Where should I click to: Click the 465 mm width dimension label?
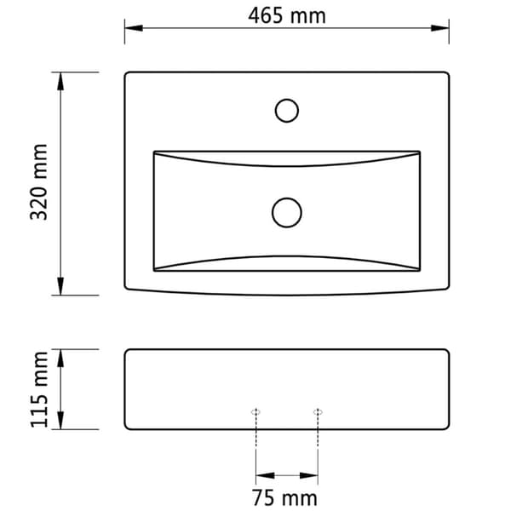point(287,15)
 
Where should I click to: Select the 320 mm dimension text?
point(39,182)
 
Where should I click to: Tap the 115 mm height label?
point(39,389)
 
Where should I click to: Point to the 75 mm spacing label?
point(284,498)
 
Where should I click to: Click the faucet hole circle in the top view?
point(287,111)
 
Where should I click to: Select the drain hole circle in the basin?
point(287,212)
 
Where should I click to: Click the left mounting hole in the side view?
point(255,412)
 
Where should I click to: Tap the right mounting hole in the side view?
point(318,412)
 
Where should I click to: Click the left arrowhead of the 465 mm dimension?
point(134,28)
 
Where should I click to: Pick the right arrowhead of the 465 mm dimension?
point(440,28)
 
